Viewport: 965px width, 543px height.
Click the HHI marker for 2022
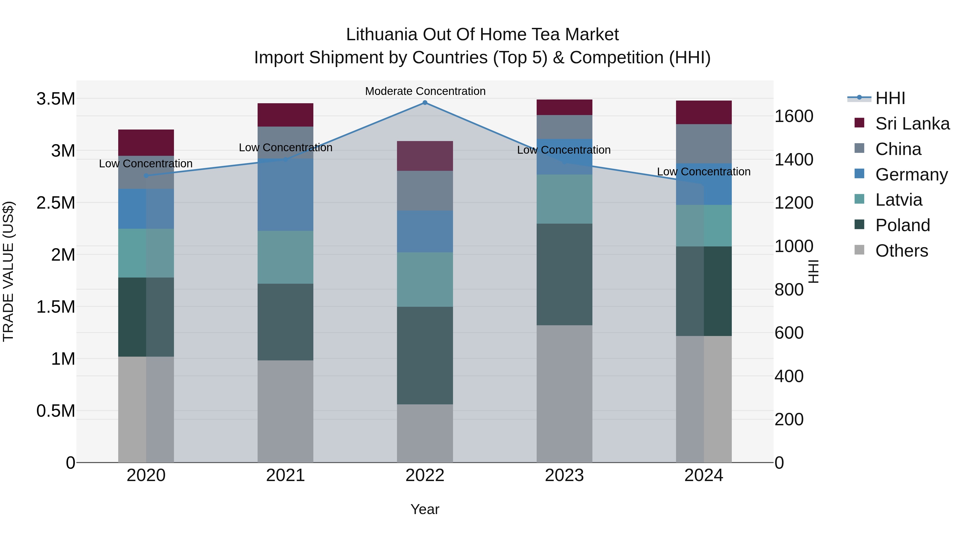point(425,102)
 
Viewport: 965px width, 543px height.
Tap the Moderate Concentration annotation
point(425,91)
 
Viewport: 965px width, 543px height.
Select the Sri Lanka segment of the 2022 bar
point(425,156)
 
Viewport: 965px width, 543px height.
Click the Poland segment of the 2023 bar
point(564,274)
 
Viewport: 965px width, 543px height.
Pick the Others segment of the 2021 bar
point(285,411)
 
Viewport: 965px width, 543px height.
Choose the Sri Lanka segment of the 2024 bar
point(704,112)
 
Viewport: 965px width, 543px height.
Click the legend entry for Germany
point(911,175)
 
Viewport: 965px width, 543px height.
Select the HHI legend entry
point(890,98)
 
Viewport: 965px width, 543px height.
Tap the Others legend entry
point(901,251)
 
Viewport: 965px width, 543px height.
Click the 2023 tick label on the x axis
point(564,475)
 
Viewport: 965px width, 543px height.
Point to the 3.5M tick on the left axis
point(55,99)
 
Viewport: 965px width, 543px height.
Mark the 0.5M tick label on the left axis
point(55,411)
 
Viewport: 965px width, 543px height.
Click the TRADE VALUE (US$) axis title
point(8,271)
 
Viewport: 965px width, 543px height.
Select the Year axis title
point(425,509)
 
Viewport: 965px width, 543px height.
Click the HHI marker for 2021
point(285,159)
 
